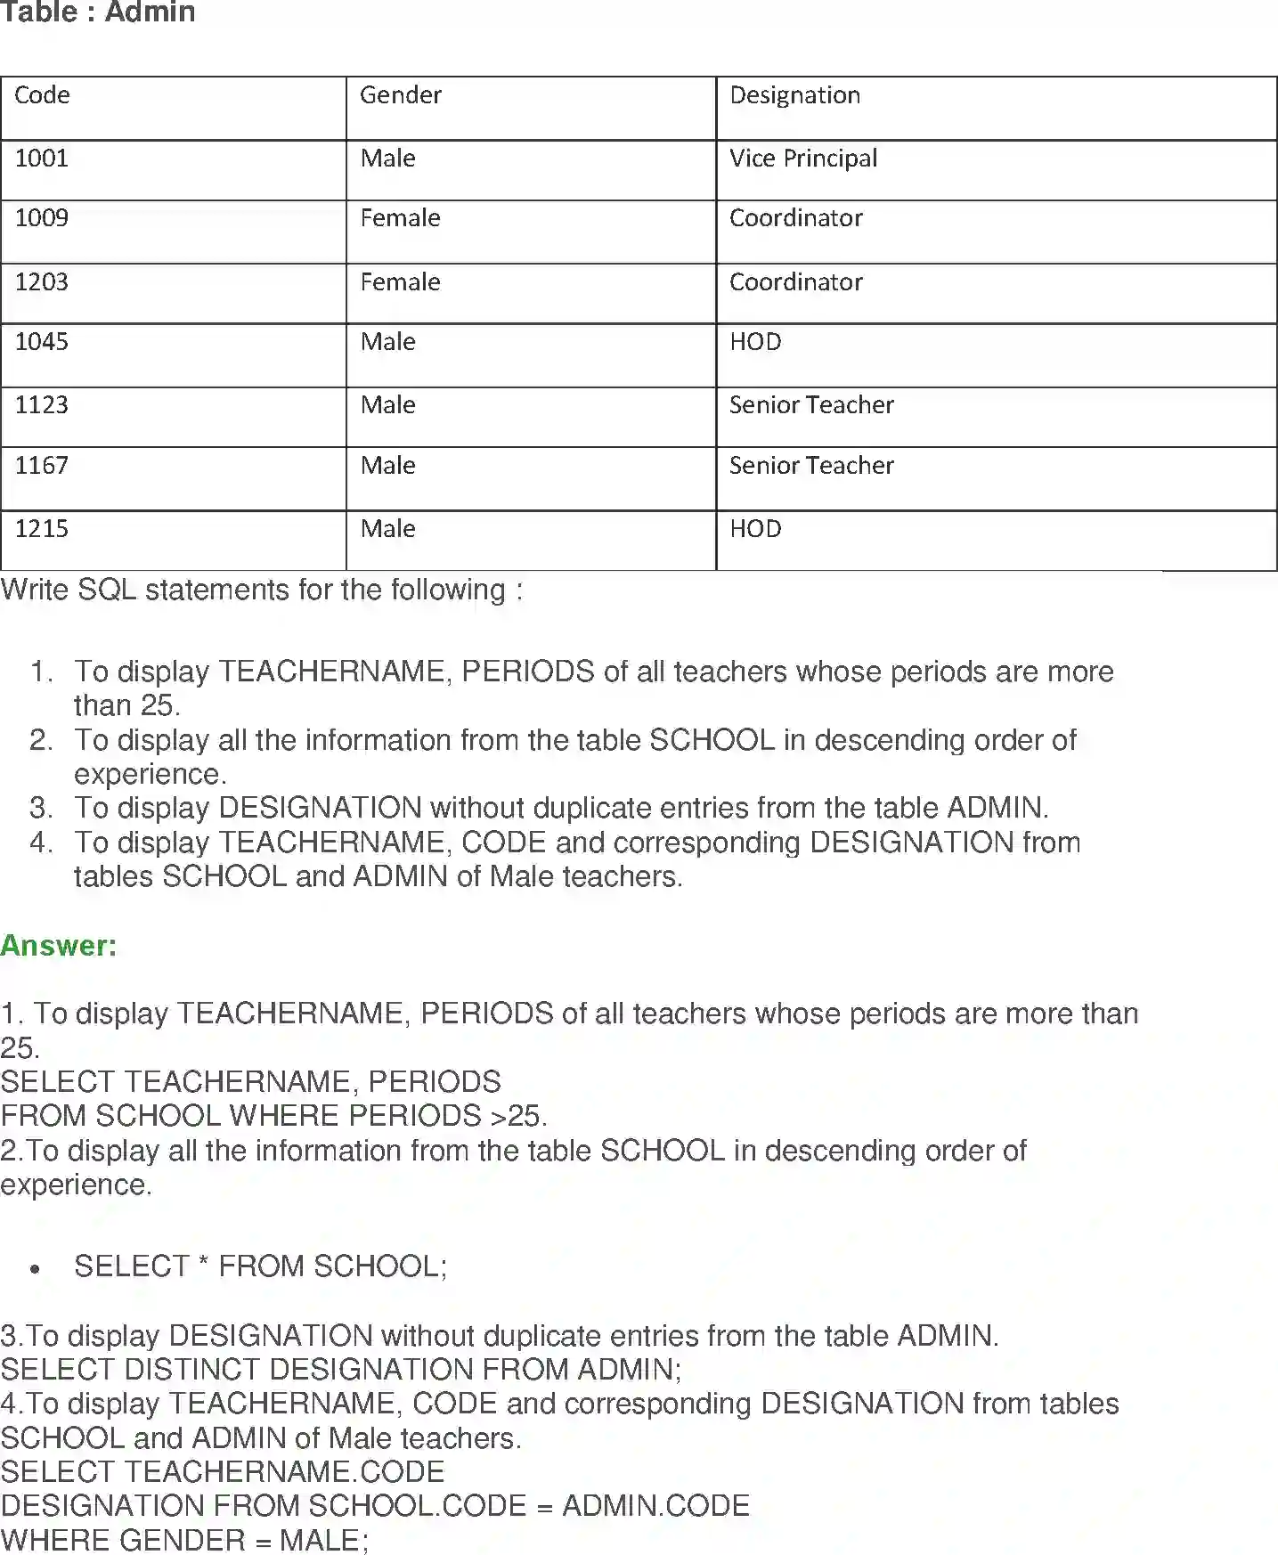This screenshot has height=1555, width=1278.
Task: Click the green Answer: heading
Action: pyautogui.click(x=59, y=945)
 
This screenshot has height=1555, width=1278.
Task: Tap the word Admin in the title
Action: pyautogui.click(x=150, y=12)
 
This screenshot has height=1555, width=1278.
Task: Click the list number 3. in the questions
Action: pyautogui.click(x=41, y=808)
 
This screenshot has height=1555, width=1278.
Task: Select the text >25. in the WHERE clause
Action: pyautogui.click(x=518, y=1116)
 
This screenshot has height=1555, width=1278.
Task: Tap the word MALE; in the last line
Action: pyautogui.click(x=323, y=1540)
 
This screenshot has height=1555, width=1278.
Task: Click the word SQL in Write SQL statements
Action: pyautogui.click(x=107, y=590)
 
